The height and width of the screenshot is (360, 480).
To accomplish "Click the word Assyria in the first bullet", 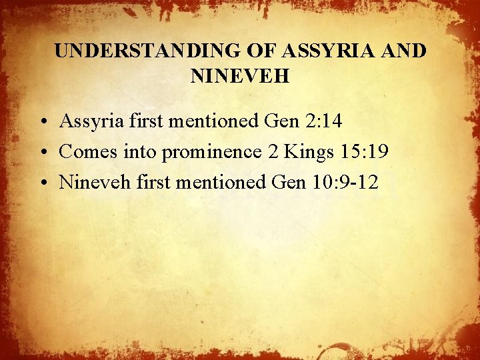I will [x=88, y=121].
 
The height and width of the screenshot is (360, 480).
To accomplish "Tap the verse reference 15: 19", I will [x=365, y=152].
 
